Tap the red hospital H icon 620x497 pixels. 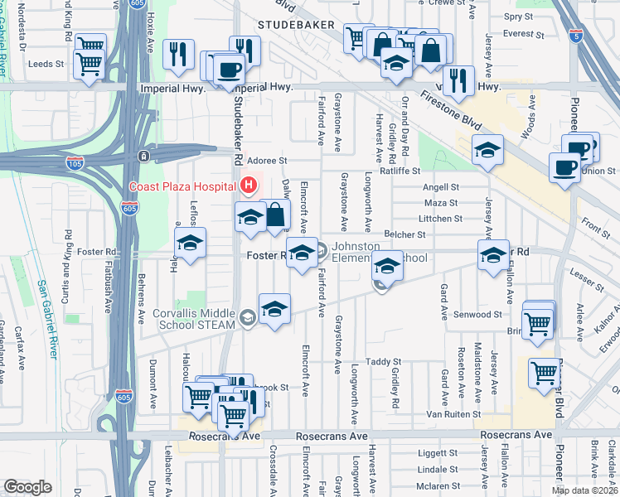[247, 186]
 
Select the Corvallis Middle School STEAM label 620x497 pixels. [195, 319]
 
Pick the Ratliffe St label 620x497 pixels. [401, 171]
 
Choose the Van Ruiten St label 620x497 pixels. [453, 414]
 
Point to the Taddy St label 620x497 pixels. [384, 362]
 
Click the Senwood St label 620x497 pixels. [478, 315]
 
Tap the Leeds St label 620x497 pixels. [46, 64]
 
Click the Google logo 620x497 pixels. [28, 487]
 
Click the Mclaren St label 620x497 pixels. [437, 485]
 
